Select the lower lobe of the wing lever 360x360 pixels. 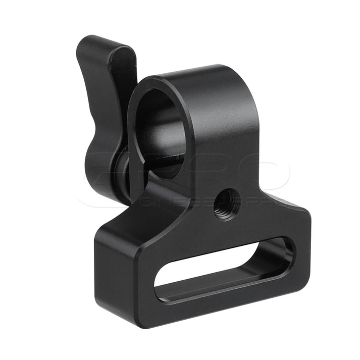[101, 172]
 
